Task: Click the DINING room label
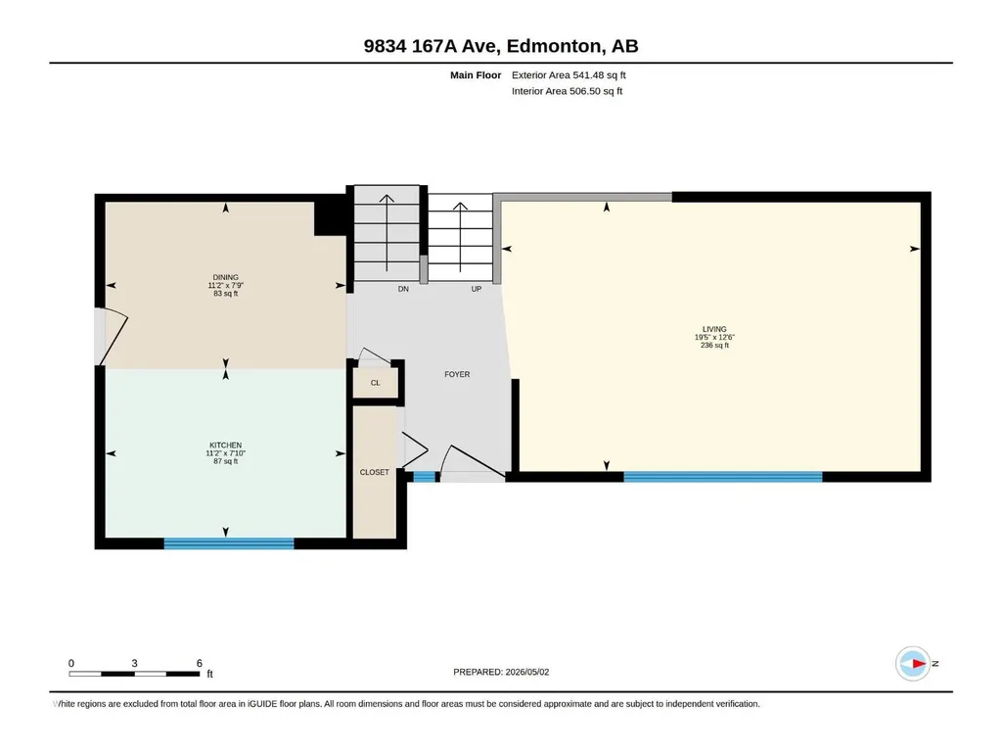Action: click(x=226, y=277)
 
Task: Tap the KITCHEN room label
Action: click(x=226, y=445)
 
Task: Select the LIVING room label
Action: click(x=714, y=329)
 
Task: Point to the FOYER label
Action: click(x=457, y=375)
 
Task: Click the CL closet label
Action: click(x=376, y=383)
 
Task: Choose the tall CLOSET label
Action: click(x=374, y=473)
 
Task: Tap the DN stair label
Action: click(x=403, y=290)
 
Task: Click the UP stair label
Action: click(x=476, y=290)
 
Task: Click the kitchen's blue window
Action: click(x=229, y=543)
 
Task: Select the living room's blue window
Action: click(x=723, y=477)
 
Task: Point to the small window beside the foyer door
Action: click(x=425, y=477)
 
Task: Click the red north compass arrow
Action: click(x=919, y=663)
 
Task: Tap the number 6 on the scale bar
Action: click(x=200, y=663)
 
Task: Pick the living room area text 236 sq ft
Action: click(x=714, y=345)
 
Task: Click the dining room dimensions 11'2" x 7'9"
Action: click(x=226, y=286)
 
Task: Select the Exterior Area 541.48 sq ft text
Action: click(x=569, y=75)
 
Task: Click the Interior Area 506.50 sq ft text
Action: click(x=567, y=91)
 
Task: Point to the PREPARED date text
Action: click(x=501, y=672)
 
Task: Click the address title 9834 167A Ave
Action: click(x=433, y=46)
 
